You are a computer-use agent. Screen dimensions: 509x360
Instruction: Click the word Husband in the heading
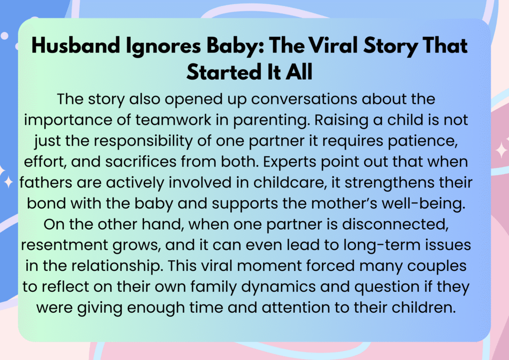coord(76,45)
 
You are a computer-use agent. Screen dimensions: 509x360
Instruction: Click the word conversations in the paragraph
coord(304,98)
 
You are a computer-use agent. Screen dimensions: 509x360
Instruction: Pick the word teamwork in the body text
coord(173,119)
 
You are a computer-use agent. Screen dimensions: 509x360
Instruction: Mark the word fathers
coord(46,182)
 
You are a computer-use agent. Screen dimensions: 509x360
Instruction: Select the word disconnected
coord(395,224)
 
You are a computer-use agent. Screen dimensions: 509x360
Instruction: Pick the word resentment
coord(64,245)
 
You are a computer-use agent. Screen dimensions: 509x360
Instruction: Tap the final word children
coord(424,307)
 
